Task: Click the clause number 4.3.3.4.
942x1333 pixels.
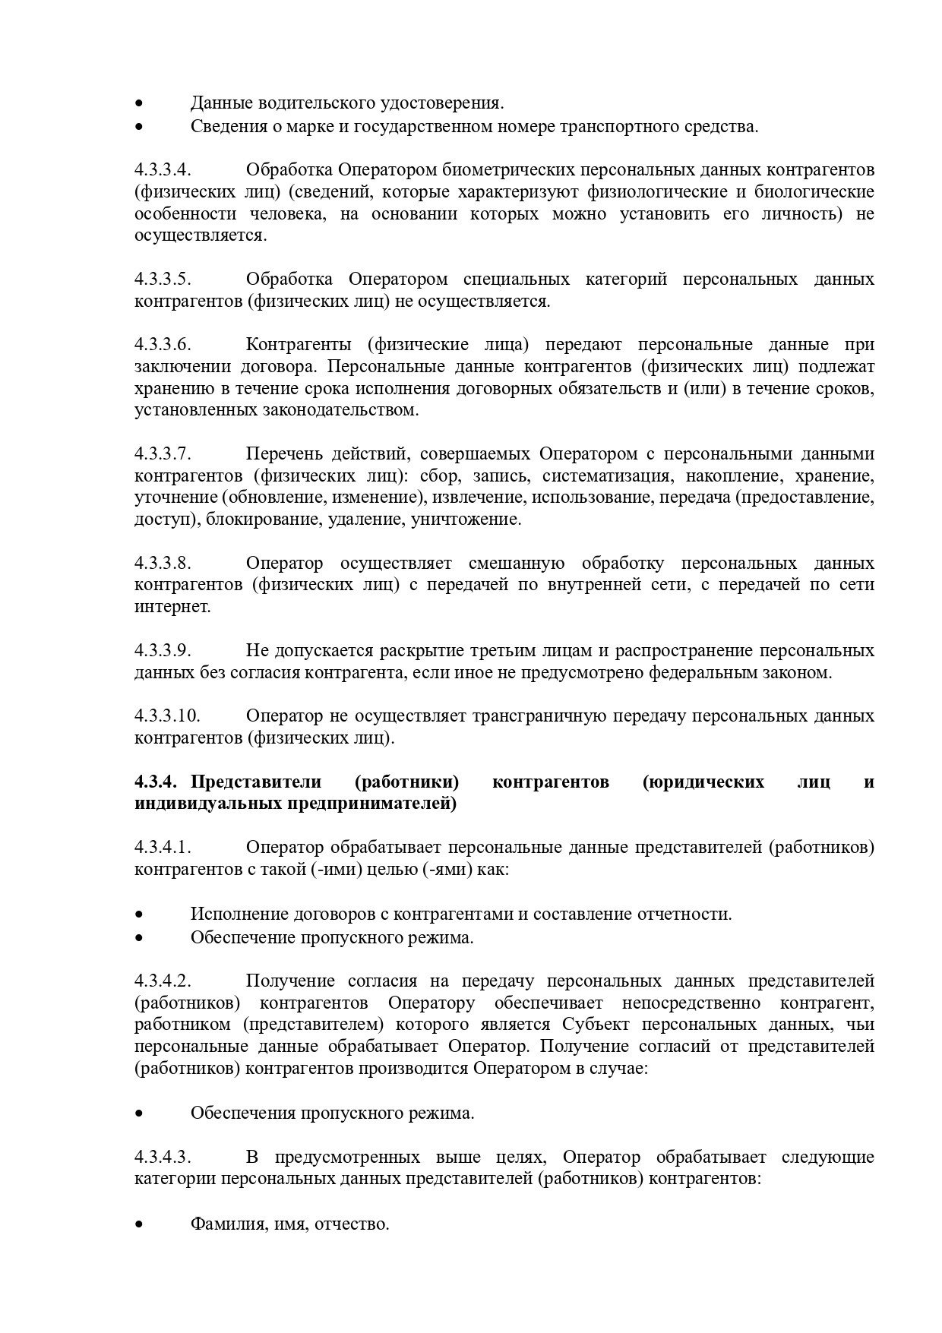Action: [162, 169]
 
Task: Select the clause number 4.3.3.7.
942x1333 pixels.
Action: [162, 454]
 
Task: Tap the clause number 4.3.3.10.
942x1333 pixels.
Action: [166, 716]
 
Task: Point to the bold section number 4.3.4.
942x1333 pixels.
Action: [156, 782]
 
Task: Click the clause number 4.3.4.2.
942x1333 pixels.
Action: [162, 981]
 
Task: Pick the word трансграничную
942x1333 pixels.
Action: [539, 716]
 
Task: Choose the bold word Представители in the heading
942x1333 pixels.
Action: [256, 782]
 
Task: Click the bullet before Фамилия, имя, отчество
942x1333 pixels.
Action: [139, 1225]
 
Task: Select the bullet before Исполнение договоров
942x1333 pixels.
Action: [139, 914]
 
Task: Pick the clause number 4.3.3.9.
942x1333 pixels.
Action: [162, 651]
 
